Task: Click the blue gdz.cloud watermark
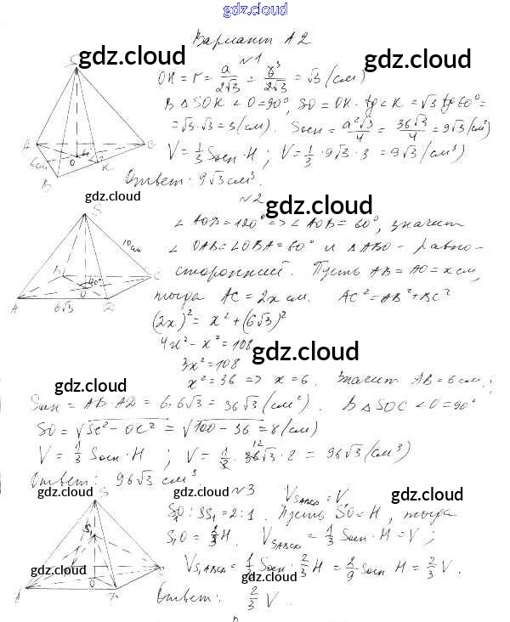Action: [255, 9]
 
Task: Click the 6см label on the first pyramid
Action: [37, 161]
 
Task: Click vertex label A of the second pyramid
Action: [15, 306]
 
